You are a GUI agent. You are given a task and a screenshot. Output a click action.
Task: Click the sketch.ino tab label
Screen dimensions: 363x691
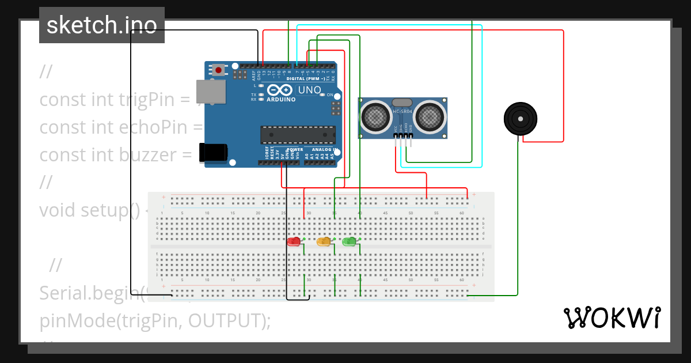(101, 25)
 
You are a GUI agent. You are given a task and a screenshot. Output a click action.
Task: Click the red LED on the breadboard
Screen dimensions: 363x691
(294, 241)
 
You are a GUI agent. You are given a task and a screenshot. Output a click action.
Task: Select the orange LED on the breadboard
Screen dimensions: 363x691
(324, 241)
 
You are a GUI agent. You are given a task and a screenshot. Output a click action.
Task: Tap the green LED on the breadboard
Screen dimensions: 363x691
(349, 241)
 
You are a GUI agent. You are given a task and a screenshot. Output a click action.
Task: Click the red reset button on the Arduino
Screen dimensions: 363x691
(219, 70)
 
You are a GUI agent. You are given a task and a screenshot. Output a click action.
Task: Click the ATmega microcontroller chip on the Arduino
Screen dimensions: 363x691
(297, 134)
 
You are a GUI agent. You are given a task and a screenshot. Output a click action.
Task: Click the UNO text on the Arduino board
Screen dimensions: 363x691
(309, 90)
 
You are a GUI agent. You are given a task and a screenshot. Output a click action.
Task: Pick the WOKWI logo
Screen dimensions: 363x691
(612, 317)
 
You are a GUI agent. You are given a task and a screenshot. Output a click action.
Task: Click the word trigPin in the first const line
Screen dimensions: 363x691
(154, 100)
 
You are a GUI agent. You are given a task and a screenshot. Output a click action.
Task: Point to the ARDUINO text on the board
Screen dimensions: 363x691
(280, 99)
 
